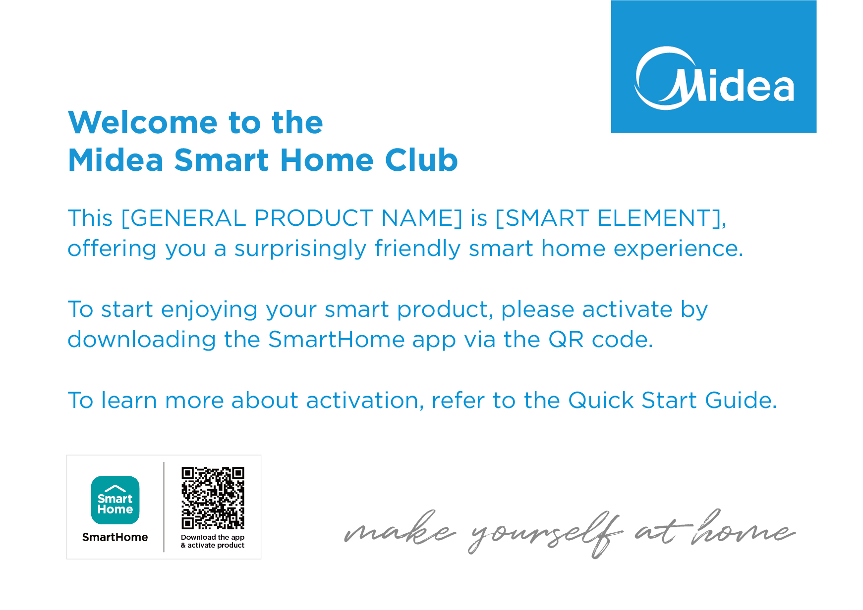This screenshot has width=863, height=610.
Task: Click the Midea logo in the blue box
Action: pyautogui.click(x=714, y=78)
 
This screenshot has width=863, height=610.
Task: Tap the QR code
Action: pyautogui.click(x=213, y=498)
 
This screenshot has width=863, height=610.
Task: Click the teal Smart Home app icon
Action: pyautogui.click(x=115, y=500)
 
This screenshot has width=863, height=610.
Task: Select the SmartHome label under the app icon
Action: pyautogui.click(x=115, y=537)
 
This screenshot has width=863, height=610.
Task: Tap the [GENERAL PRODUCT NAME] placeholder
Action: pyautogui.click(x=292, y=218)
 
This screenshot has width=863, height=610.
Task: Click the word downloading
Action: pyautogui.click(x=142, y=340)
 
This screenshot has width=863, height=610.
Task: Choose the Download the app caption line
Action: pyautogui.click(x=213, y=537)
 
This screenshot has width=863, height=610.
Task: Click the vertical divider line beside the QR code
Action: pyautogui.click(x=164, y=507)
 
